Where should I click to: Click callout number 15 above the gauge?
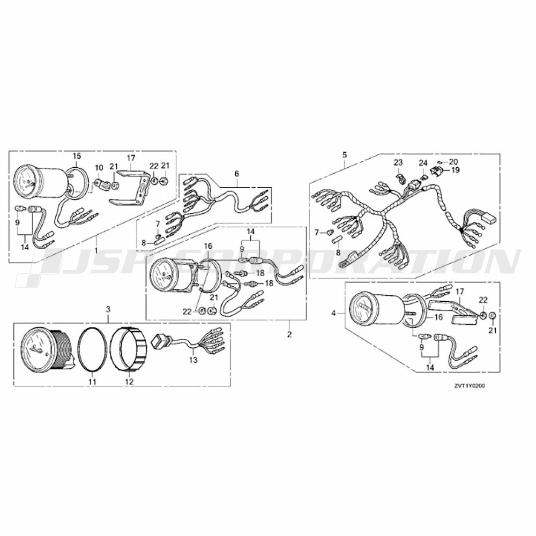(x=77, y=156)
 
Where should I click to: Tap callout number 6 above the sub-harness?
(x=236, y=174)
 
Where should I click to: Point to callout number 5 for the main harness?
(x=344, y=155)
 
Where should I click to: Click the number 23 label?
(x=398, y=162)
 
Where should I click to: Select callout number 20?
(x=453, y=161)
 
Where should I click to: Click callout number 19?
(x=456, y=170)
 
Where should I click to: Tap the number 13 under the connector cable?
(x=193, y=360)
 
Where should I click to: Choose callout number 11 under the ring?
(x=92, y=382)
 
